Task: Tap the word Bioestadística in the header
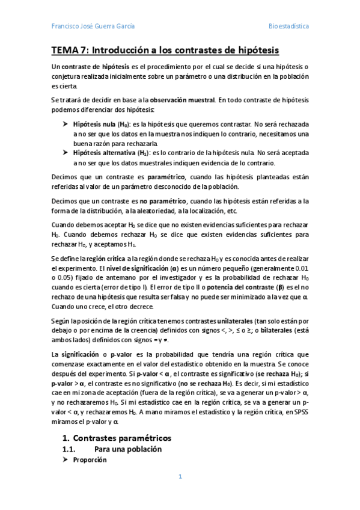point(288,26)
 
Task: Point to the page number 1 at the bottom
point(179,476)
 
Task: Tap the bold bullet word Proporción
point(90,443)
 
